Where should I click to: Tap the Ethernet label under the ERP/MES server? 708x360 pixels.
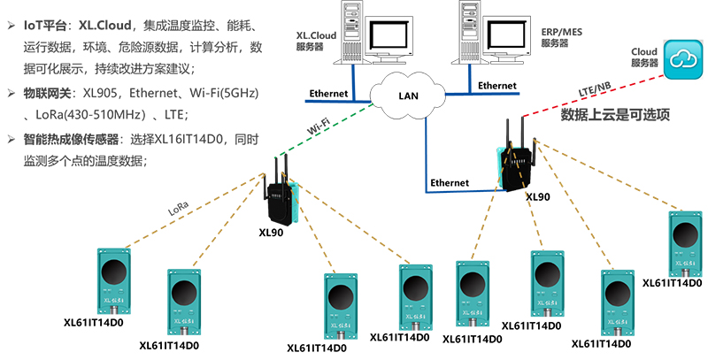click(x=496, y=86)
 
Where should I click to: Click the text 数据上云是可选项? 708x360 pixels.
click(x=616, y=115)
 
